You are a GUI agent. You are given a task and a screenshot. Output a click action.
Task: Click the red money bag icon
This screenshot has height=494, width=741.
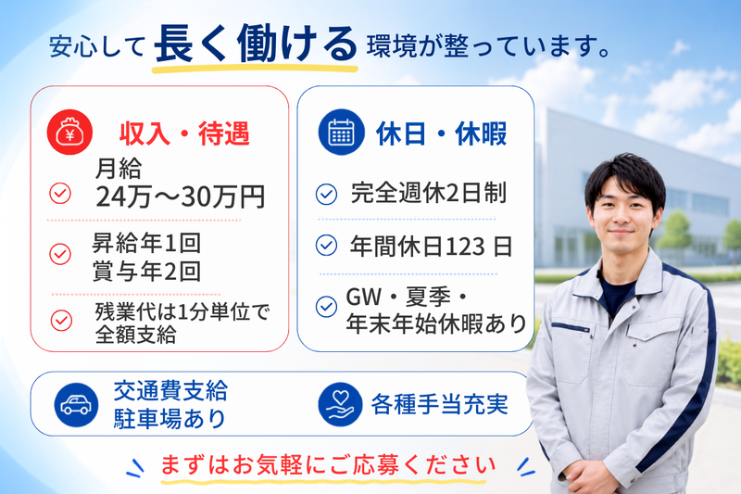[69, 132]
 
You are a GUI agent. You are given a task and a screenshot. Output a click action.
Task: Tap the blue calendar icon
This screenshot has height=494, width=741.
[341, 132]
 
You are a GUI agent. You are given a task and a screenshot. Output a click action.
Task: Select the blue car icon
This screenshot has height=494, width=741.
[76, 405]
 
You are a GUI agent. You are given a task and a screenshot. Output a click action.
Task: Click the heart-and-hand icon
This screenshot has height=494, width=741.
[340, 405]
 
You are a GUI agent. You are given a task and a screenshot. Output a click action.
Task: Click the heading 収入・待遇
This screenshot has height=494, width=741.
[184, 133]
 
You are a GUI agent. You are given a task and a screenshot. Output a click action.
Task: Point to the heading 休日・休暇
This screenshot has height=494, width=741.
[442, 133]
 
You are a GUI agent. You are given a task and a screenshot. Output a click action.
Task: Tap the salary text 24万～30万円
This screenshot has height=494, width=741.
[180, 196]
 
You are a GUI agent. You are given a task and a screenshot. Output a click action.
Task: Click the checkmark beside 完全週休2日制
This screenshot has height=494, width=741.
[326, 194]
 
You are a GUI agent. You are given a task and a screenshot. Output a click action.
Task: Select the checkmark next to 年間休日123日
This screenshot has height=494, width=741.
[326, 245]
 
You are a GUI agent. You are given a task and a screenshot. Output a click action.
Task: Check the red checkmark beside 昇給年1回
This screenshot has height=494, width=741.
[60, 254]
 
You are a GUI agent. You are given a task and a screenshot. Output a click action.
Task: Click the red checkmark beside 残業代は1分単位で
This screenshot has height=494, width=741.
[61, 320]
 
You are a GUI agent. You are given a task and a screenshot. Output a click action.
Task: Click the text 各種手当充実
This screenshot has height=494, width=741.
[439, 405]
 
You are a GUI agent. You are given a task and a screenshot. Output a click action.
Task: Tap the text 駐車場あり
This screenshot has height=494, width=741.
[170, 418]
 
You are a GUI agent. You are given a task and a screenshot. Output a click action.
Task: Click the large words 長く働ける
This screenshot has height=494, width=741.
[256, 44]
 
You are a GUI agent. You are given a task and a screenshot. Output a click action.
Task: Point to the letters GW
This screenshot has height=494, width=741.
[364, 297]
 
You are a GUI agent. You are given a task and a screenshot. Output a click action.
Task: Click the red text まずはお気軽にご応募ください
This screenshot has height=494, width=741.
[328, 464]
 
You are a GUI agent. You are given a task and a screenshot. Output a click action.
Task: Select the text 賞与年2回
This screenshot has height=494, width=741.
[146, 271]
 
